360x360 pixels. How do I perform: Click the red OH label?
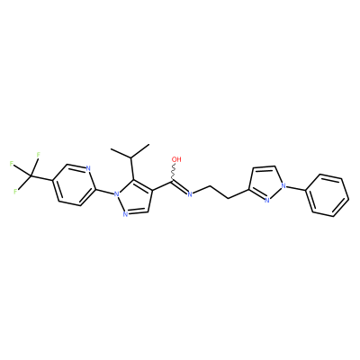[176, 159]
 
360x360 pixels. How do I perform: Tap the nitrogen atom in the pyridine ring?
[88, 168]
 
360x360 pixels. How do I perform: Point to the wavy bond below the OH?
[174, 172]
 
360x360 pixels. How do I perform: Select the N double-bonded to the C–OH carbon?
[190, 194]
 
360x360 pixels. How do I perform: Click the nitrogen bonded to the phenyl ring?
[283, 186]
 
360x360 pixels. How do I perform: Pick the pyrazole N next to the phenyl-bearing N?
[266, 200]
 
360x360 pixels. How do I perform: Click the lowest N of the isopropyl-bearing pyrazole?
[125, 213]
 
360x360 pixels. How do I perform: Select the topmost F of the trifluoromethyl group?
[38, 155]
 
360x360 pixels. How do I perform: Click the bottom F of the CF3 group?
[15, 192]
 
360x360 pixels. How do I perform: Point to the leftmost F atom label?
[11, 164]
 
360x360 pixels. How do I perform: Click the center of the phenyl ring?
[330, 195]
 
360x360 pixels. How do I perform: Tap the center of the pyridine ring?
[74, 184]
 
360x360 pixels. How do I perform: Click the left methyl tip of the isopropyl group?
[111, 149]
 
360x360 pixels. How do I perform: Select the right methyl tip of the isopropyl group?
[148, 145]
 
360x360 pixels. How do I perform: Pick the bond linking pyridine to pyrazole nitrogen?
[104, 192]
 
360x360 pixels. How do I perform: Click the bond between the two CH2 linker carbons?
[219, 193]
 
